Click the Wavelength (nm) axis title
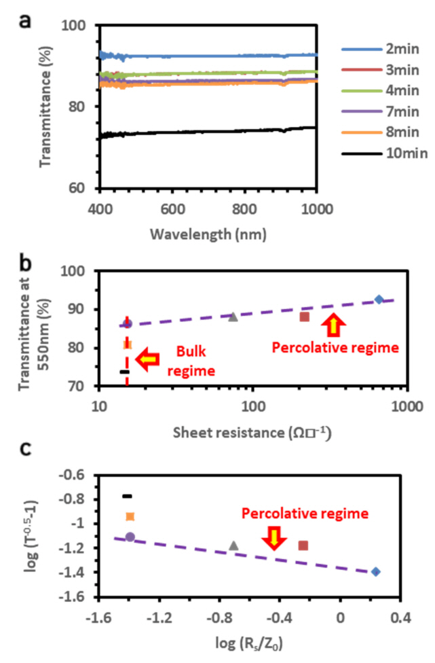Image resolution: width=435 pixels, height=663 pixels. click(x=208, y=234)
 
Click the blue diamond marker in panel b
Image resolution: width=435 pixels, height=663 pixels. click(x=379, y=300)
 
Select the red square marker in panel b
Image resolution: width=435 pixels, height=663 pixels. click(x=305, y=317)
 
